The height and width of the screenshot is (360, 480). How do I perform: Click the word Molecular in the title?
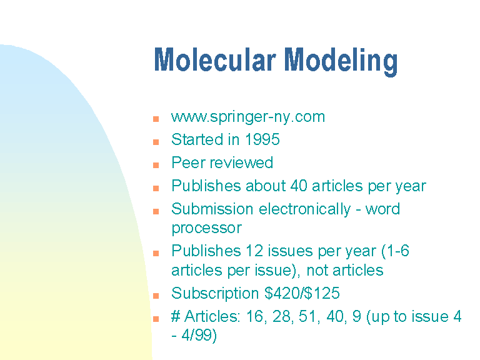[x=215, y=60]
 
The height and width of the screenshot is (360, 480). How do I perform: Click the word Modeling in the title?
[x=341, y=61]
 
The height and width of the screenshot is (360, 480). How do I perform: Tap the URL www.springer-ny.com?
[x=248, y=117]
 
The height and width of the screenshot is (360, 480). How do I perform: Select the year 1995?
[x=262, y=139]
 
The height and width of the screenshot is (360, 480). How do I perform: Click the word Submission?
[x=212, y=209]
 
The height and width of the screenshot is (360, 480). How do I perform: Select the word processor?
[x=207, y=228]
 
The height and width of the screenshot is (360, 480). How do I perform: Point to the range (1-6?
[x=395, y=251]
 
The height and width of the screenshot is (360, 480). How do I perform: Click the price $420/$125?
[x=302, y=293]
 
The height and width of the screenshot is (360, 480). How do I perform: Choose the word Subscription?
[x=215, y=294]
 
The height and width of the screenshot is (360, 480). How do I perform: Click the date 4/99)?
[x=199, y=335]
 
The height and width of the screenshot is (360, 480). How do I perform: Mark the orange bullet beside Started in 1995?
[x=156, y=142]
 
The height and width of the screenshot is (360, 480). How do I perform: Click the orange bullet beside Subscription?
[x=156, y=296]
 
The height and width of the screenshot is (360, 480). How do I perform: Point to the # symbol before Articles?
[x=176, y=316]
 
